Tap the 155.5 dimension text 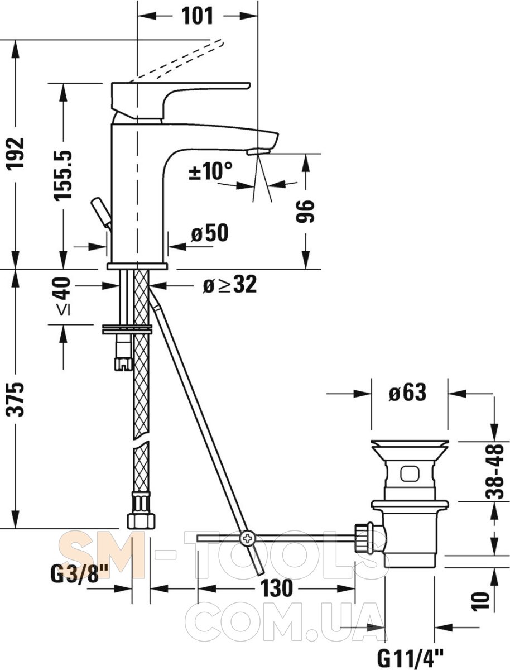point(63,175)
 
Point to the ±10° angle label point(211,170)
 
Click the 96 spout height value point(305,211)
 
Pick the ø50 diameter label point(210,233)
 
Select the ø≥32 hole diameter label point(230,285)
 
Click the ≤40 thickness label point(63,296)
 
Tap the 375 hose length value point(16,399)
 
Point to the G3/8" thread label point(79,572)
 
